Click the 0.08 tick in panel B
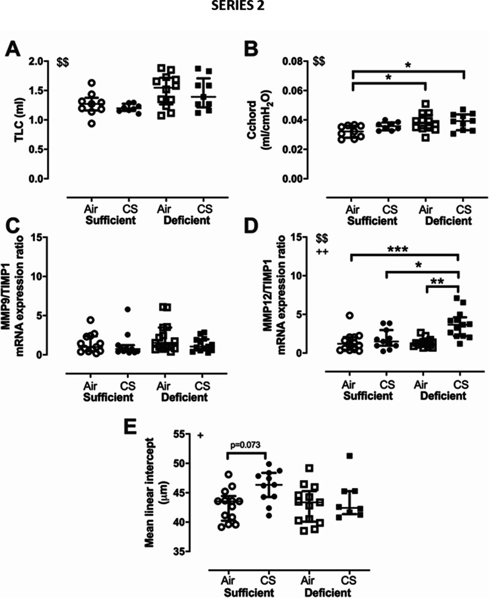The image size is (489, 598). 295,61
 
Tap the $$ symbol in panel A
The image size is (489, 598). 62,62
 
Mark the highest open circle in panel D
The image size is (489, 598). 349,316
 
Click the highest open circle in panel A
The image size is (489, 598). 91,83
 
